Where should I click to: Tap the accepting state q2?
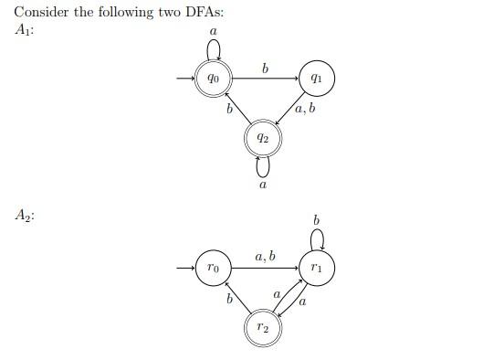click(263, 139)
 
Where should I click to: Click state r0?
click(214, 269)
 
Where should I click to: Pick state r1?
click(316, 269)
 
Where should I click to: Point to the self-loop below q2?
click(263, 167)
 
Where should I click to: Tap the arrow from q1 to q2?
click(290, 110)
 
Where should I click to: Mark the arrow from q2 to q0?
click(236, 109)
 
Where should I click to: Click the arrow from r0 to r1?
click(265, 269)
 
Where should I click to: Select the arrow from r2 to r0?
click(236, 297)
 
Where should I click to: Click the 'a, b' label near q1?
click(306, 110)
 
